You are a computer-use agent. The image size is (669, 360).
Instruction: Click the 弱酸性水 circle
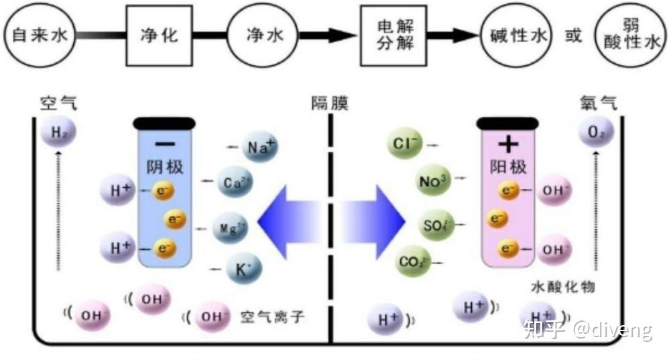click(x=631, y=36)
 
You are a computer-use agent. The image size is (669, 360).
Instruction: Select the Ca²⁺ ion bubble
click(x=235, y=182)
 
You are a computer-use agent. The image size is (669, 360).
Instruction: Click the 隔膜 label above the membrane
click(x=329, y=103)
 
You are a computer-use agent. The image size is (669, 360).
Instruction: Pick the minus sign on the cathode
click(x=164, y=143)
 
